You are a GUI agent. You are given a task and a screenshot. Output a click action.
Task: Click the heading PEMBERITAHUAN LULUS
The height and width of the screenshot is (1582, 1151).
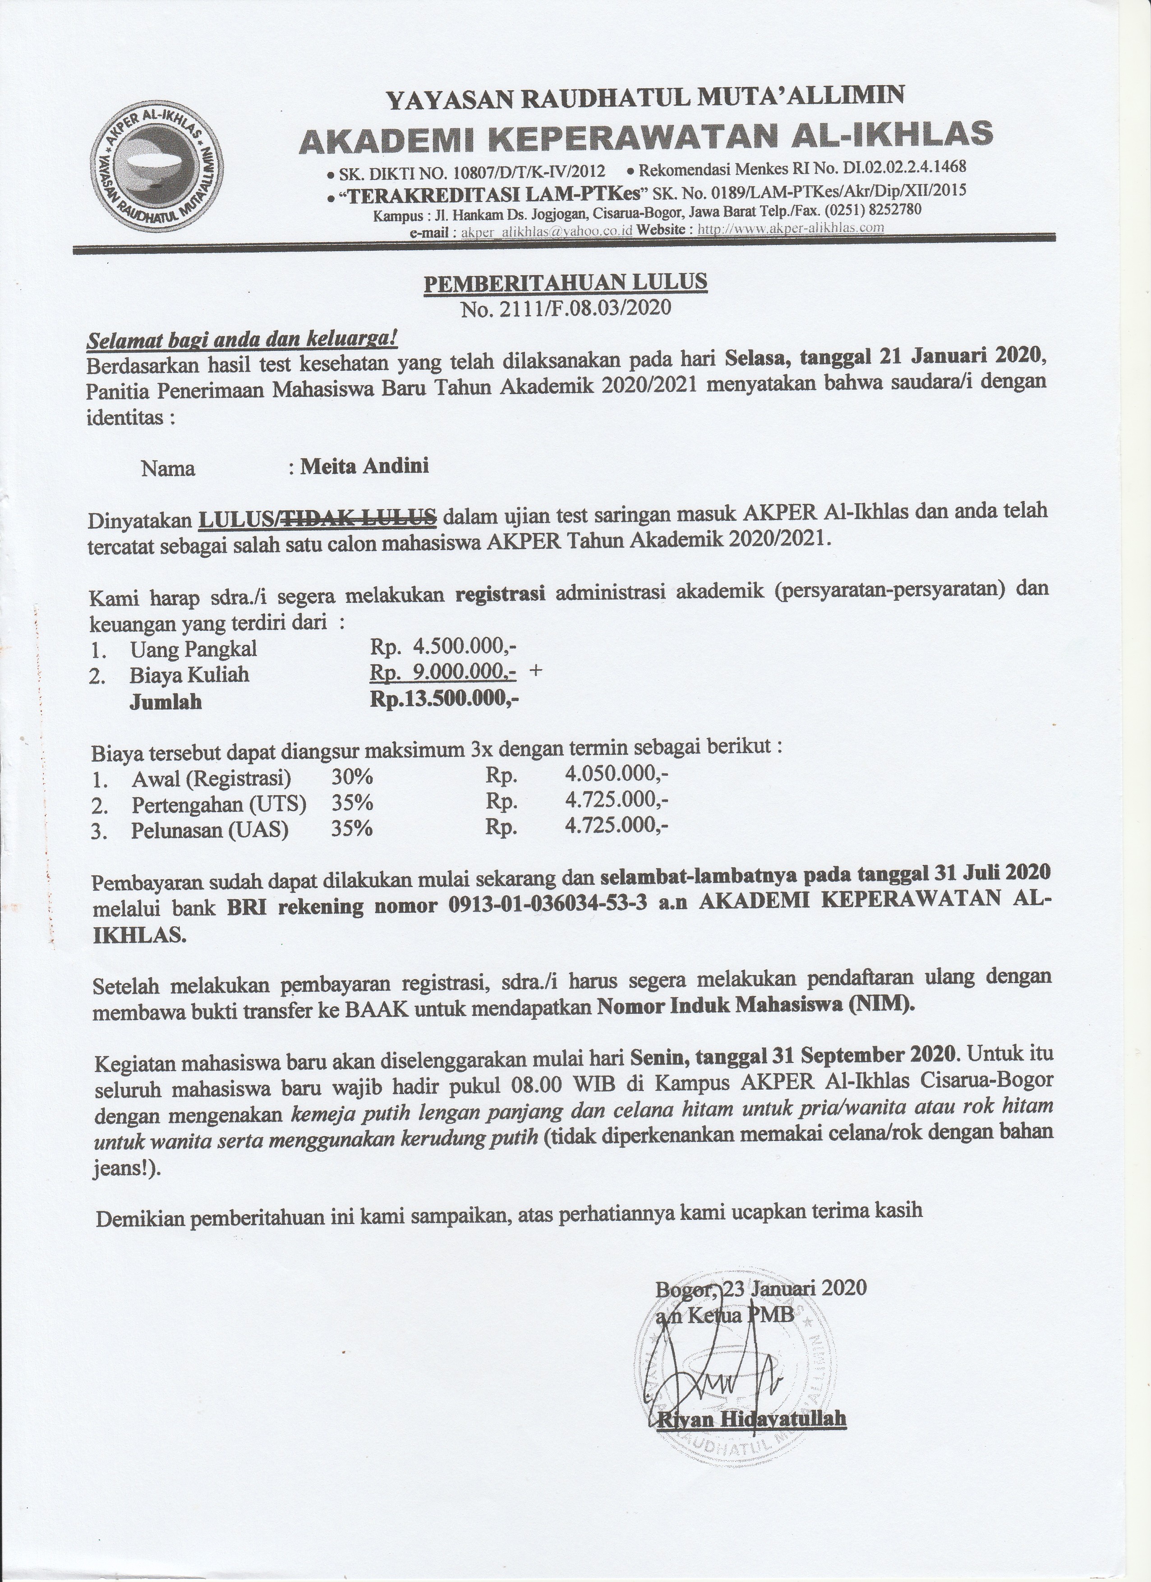[x=565, y=282]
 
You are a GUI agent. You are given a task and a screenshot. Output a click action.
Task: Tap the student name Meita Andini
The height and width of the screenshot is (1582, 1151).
[x=364, y=466]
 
